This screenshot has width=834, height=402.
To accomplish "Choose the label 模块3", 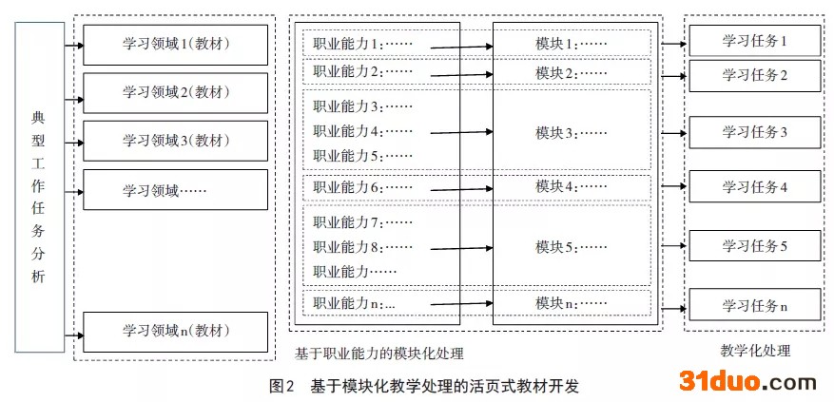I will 571,133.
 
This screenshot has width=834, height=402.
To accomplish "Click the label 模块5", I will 571,246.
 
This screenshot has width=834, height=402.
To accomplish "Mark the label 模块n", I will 571,303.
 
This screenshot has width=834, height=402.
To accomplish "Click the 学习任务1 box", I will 755,41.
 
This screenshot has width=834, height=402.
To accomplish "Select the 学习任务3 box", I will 755,132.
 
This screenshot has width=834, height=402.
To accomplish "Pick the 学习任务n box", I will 755,306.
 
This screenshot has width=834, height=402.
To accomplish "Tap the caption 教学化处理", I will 756,351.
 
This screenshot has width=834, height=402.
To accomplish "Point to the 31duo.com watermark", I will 747,382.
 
